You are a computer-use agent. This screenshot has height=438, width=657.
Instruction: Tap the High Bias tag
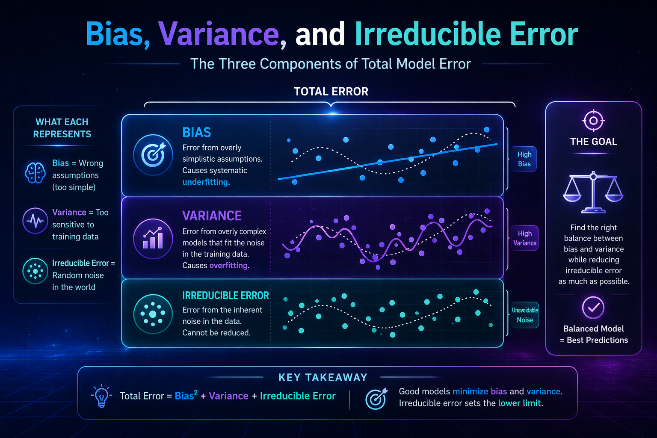[524, 159]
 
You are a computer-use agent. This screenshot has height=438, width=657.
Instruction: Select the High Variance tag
[524, 238]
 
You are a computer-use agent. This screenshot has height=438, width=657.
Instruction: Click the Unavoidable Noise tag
[525, 315]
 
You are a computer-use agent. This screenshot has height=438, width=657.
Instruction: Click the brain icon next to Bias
[35, 173]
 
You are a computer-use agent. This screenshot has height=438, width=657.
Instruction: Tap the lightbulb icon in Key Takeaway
[101, 396]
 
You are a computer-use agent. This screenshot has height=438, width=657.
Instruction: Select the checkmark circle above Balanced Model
[593, 307]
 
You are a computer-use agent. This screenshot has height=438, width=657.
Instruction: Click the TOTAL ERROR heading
[331, 92]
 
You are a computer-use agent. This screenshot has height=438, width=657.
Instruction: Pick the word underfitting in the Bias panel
[206, 182]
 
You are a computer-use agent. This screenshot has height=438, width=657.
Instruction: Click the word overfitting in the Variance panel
[228, 266]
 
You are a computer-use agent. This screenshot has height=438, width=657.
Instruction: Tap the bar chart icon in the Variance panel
[153, 239]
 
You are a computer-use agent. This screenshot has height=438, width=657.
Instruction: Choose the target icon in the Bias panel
[153, 154]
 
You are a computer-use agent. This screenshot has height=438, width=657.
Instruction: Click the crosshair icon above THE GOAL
[593, 121]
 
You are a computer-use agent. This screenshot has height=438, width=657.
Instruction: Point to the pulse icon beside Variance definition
[35, 221]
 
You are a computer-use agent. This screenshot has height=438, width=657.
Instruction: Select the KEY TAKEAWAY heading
[323, 377]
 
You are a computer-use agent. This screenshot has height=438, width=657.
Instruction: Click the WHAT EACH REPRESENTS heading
[62, 128]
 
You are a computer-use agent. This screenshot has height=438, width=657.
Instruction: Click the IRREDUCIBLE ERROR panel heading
[225, 296]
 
